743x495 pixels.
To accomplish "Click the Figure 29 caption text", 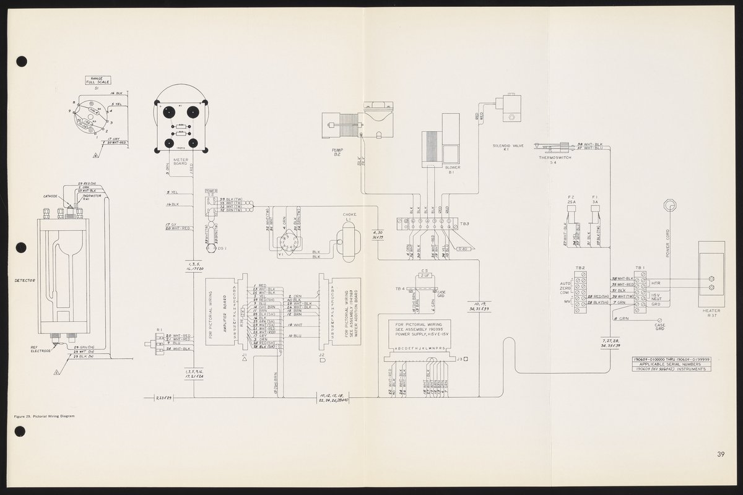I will [44, 416].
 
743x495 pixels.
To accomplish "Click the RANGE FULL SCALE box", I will [97, 81].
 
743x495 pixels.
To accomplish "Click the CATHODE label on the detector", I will [50, 196].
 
